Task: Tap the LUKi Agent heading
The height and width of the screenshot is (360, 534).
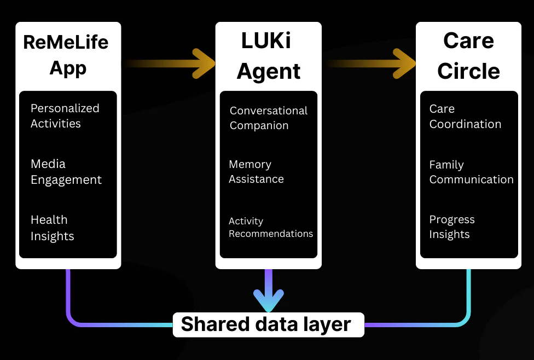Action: [268, 56]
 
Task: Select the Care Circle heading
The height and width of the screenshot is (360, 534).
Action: [468, 56]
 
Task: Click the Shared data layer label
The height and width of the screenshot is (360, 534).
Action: [266, 324]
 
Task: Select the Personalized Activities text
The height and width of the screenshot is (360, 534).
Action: [65, 115]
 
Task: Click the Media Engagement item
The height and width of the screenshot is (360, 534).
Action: [66, 172]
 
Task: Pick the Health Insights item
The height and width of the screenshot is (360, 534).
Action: [52, 228]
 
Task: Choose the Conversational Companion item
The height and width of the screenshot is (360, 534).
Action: [268, 118]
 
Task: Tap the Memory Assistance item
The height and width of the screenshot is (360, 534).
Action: [256, 171]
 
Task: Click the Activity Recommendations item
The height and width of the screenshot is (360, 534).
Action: [270, 227]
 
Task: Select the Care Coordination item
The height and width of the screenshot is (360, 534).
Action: [465, 116]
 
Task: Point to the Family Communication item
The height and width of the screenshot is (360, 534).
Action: [471, 172]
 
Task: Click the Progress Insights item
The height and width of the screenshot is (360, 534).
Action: [452, 227]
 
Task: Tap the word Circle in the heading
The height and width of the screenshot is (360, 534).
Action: [468, 71]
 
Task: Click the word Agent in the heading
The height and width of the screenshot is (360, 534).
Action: [268, 72]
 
